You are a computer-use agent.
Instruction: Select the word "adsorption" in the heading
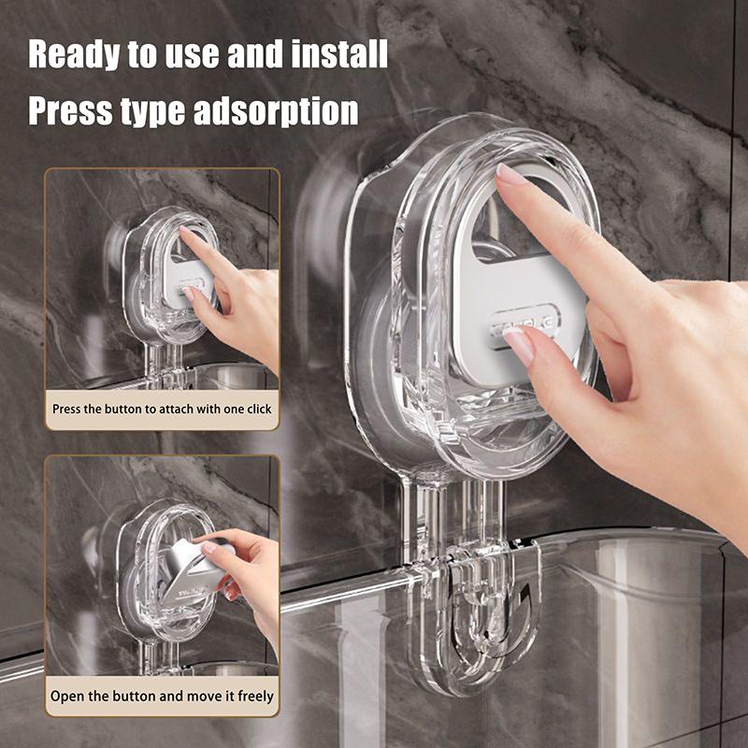point(276,110)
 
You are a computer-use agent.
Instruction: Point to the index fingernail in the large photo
point(511,174)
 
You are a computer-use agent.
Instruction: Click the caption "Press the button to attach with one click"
point(162,409)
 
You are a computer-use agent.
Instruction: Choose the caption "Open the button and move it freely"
point(162,696)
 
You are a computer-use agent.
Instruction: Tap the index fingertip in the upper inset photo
point(184,235)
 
